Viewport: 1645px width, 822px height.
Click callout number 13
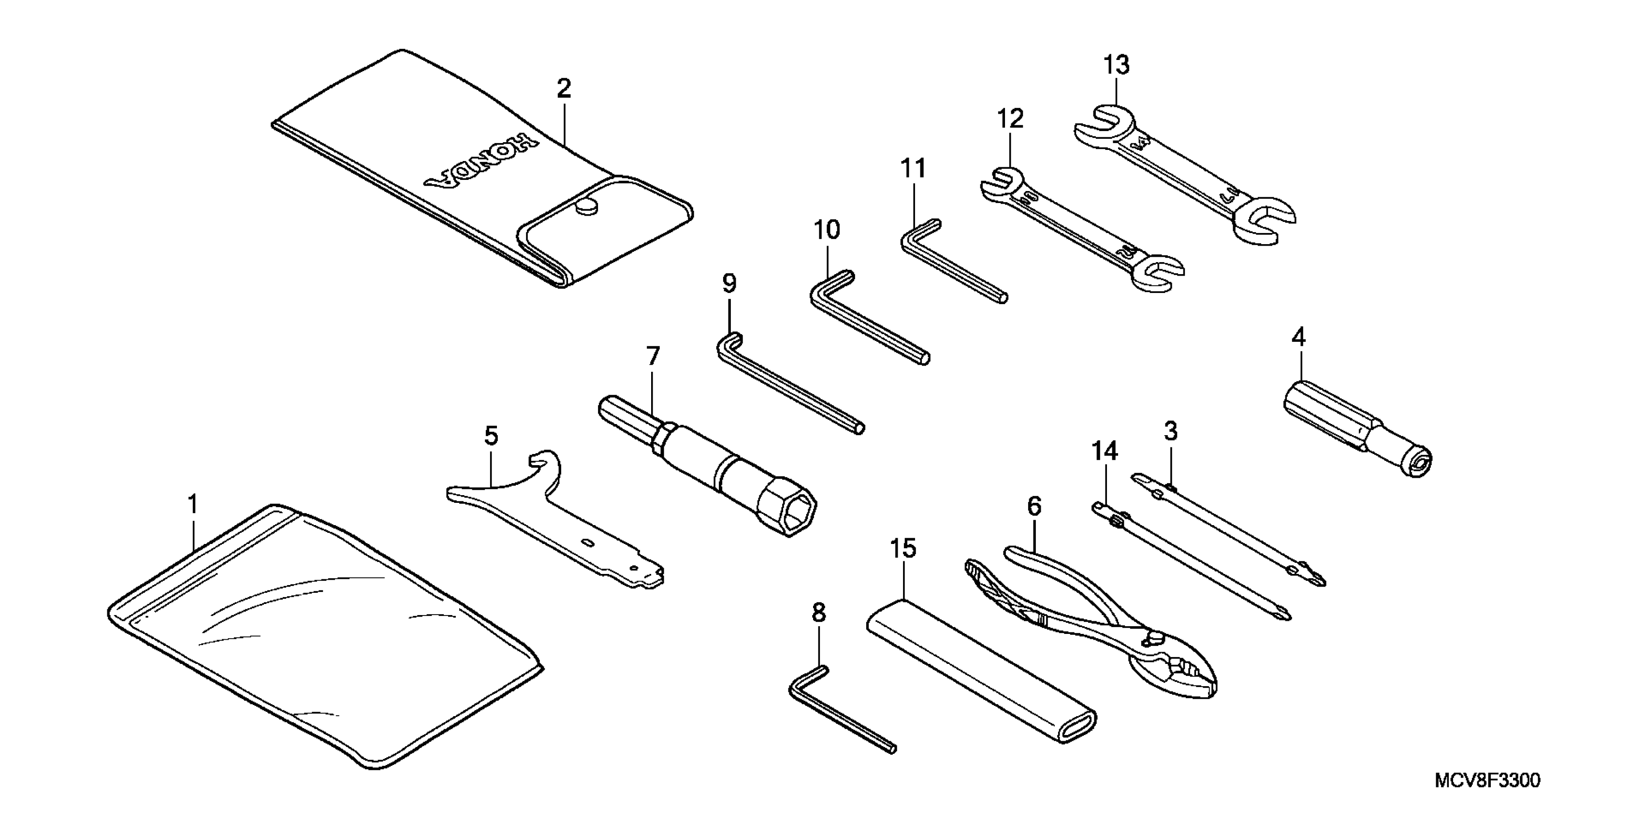click(x=1116, y=65)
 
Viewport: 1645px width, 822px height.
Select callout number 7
click(x=653, y=356)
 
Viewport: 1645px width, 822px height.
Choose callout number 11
click(x=913, y=169)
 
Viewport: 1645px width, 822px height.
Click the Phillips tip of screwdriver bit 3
click(x=1315, y=578)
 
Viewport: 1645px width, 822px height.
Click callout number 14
click(x=1105, y=451)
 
